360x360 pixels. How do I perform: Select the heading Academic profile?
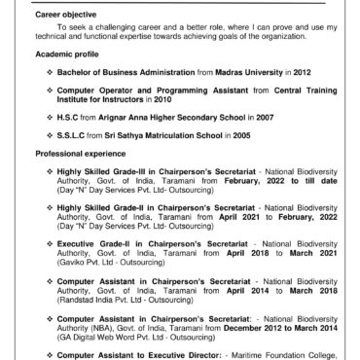pos(65,55)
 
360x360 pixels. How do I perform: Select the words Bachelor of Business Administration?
pos(122,72)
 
